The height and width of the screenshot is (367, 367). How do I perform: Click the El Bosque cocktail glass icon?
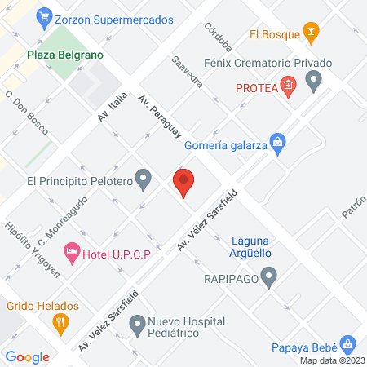pyautogui.click(x=310, y=33)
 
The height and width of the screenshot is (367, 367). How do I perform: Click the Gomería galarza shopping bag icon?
pyautogui.click(x=278, y=142)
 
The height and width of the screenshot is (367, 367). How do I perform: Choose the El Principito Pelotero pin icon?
pyautogui.click(x=144, y=178)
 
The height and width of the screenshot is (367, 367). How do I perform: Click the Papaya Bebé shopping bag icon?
pyautogui.click(x=347, y=343)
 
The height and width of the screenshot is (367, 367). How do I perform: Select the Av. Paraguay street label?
pyautogui.click(x=160, y=117)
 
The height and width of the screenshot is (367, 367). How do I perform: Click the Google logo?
pyautogui.click(x=28, y=356)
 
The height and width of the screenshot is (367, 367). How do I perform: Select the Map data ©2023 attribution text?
pyautogui.click(x=331, y=360)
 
